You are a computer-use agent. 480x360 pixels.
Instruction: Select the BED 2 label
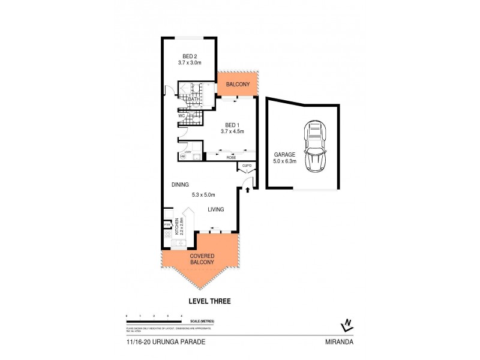click(x=190, y=58)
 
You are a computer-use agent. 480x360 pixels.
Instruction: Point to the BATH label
click(x=193, y=99)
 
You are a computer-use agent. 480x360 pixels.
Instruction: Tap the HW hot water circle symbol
click(x=181, y=157)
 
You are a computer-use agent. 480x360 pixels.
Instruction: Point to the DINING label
click(x=181, y=185)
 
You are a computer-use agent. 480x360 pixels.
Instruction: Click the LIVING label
click(x=216, y=210)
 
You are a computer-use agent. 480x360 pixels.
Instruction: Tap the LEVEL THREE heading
click(x=209, y=301)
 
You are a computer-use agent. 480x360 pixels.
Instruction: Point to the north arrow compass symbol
click(x=346, y=325)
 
